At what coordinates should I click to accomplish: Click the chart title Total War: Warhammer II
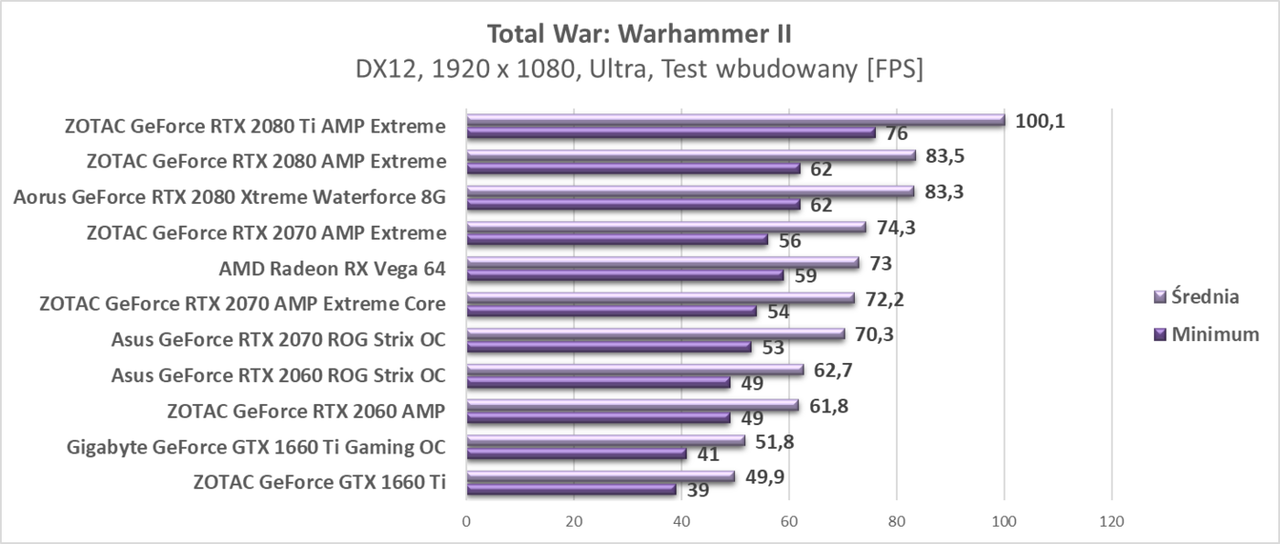tap(639, 34)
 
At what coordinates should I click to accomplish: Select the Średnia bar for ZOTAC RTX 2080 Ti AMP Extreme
tap(735, 120)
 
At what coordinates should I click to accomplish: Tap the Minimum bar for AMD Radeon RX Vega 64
tap(625, 275)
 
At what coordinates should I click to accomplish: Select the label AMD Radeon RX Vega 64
tap(333, 269)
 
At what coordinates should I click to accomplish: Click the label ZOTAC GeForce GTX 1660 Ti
tap(319, 482)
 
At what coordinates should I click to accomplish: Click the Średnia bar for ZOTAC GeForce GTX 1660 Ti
tap(601, 475)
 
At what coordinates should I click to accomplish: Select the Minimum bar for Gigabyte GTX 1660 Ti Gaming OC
tap(577, 453)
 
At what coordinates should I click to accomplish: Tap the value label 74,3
tap(897, 227)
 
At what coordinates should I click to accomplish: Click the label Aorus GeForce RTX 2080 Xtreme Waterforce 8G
tap(229, 197)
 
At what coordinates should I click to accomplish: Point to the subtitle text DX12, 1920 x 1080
tap(511, 70)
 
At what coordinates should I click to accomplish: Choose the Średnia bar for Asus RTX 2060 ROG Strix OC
tap(635, 369)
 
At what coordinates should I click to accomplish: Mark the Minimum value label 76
tap(897, 133)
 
